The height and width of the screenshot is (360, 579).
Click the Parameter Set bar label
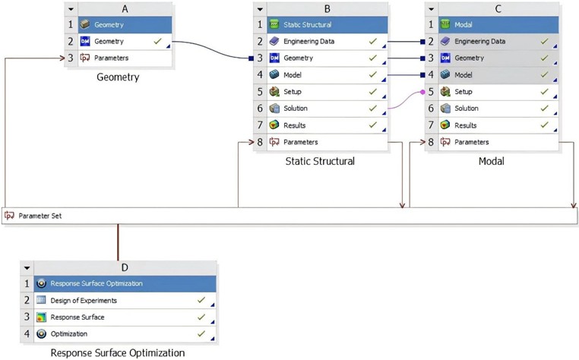[40, 216]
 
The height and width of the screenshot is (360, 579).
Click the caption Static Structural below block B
[320, 161]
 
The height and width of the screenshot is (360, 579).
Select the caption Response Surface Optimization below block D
[117, 352]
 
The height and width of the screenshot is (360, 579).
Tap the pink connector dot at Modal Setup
[422, 92]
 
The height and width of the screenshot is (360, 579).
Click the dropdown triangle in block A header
[71, 9]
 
